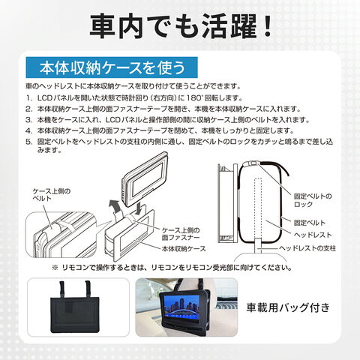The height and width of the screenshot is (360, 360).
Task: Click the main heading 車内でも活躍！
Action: [x=181, y=27]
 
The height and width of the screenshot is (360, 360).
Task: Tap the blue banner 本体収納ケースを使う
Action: [x=112, y=67]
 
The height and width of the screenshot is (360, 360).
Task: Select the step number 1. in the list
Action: [x=29, y=97]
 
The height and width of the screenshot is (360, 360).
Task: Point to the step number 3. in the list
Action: [x=29, y=120]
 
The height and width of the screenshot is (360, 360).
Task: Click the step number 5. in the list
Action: [x=29, y=142]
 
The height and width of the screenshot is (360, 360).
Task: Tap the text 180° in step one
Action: [x=195, y=97]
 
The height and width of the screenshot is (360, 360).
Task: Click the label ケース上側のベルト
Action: [x=52, y=195]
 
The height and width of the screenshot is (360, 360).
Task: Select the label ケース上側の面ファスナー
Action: [x=181, y=234]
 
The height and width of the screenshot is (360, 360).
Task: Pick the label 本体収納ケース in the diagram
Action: [x=184, y=249]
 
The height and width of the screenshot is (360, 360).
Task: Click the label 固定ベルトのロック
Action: [x=313, y=200]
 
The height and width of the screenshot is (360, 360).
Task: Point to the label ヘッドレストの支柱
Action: [x=307, y=248]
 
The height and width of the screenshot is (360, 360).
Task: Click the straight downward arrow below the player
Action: [x=140, y=208]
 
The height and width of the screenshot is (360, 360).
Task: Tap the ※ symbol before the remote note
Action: [x=55, y=268]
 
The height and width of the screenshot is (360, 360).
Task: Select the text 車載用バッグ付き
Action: [x=288, y=307]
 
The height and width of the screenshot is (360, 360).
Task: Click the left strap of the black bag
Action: [x=61, y=289]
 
